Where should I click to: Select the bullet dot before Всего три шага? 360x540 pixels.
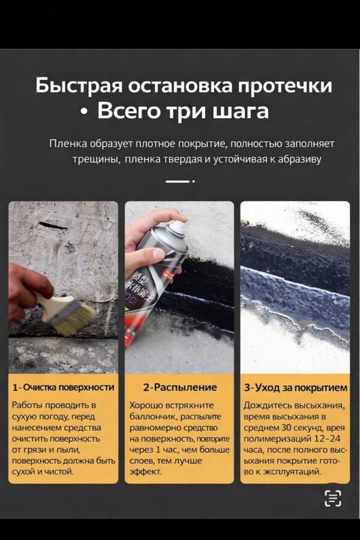point(85,113)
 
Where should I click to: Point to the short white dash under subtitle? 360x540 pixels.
point(177,181)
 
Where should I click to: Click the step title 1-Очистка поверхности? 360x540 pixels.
point(64,388)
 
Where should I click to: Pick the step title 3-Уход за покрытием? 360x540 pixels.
point(295,388)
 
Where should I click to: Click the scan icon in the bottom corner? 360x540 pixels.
point(332,498)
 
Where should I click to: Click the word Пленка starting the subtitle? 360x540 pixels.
point(68,144)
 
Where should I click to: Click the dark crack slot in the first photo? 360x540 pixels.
point(52,226)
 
